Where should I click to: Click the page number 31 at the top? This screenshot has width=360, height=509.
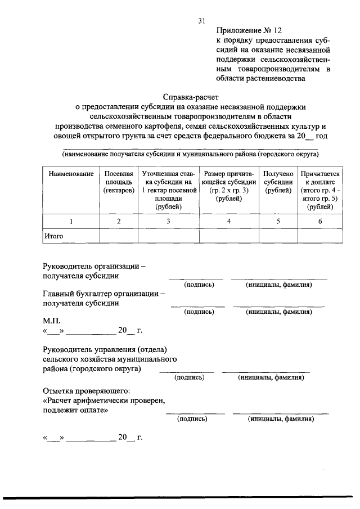pyautogui.click(x=201, y=21)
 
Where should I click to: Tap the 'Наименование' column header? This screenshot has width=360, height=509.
pyautogui.click(x=70, y=174)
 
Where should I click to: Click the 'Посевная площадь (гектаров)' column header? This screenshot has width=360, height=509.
pyautogui.click(x=119, y=182)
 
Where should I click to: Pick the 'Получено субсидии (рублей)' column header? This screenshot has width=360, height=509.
pyautogui.click(x=277, y=182)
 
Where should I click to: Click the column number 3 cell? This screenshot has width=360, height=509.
pyautogui.click(x=168, y=222)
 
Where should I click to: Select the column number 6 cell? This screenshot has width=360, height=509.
pyautogui.click(x=319, y=222)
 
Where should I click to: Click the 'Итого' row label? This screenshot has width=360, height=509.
pyautogui.click(x=53, y=236)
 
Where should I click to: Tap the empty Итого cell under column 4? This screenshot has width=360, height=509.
pyautogui.click(x=228, y=236)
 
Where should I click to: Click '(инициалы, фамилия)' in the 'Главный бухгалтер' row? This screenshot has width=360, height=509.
pyautogui.click(x=279, y=311)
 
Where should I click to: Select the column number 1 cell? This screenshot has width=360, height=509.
pyautogui.click(x=70, y=222)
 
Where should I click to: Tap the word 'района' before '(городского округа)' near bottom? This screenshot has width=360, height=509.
pyautogui.click(x=56, y=369)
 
